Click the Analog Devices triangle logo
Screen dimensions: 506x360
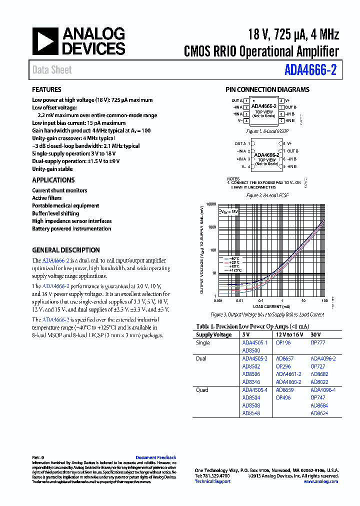(45, 41)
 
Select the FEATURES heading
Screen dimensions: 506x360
(46, 90)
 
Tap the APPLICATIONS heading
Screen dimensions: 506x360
(53, 180)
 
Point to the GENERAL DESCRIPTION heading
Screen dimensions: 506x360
(65, 250)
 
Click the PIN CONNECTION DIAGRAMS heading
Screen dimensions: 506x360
(267, 90)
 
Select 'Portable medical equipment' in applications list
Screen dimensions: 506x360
(65, 206)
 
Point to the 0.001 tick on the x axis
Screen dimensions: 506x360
(218, 300)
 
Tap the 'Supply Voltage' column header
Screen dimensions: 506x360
(213, 335)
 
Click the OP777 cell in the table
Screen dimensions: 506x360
(317, 343)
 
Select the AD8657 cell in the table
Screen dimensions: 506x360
(284, 358)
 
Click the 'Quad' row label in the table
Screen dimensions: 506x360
(202, 390)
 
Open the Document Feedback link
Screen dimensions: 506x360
(155, 457)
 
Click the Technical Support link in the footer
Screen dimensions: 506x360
(212, 481)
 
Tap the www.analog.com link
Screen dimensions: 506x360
(320, 481)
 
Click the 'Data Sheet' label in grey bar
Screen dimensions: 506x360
(52, 70)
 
